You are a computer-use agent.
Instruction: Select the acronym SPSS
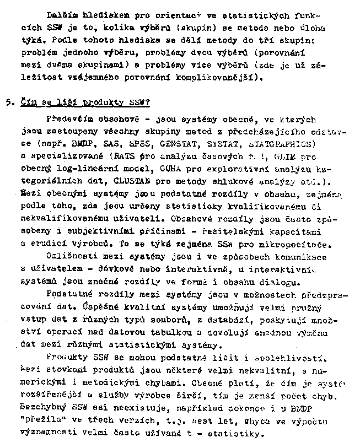click(x=142, y=144)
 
